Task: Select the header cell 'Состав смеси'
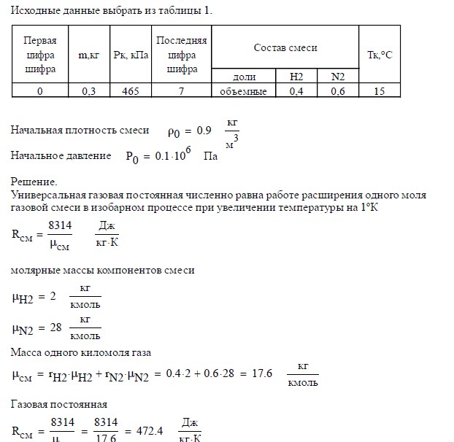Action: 285,47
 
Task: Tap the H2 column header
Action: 296,77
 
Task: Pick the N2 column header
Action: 337,77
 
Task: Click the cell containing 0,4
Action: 296,91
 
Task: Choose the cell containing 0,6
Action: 337,91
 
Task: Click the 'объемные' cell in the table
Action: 243,91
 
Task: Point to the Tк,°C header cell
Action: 381,55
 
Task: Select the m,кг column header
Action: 88,55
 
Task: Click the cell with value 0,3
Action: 88,91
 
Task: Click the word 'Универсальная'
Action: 47,195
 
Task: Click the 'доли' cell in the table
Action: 243,77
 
